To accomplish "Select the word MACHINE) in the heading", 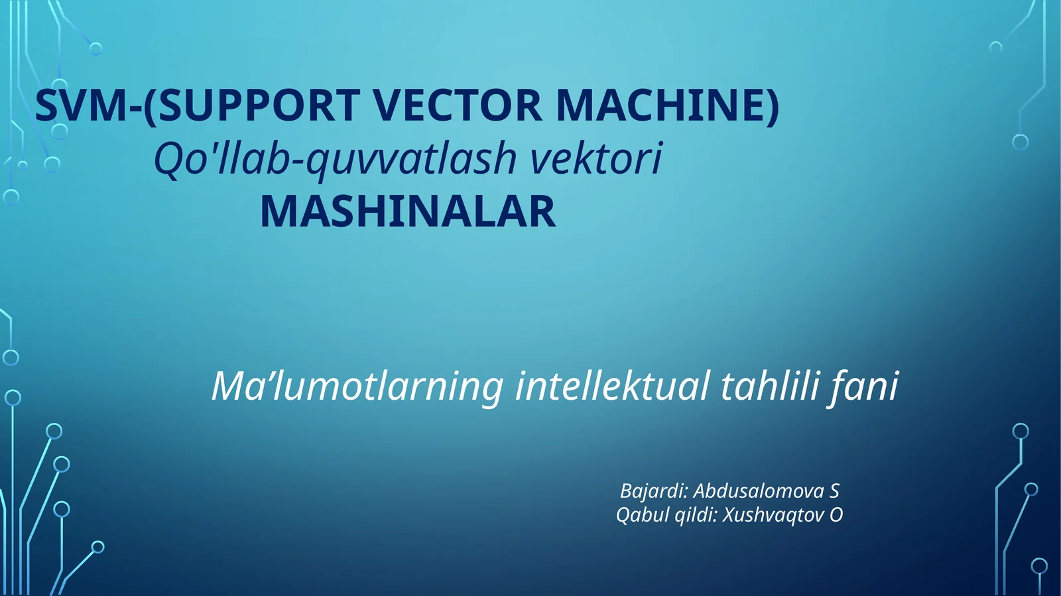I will click(x=667, y=106).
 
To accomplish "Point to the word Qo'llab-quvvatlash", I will click(x=335, y=159).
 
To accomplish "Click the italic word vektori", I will click(x=596, y=159).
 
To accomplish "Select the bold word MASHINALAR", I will click(x=408, y=212).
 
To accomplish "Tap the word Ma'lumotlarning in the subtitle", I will click(x=357, y=387).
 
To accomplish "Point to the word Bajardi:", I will click(x=653, y=491).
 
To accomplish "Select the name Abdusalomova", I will click(x=759, y=491).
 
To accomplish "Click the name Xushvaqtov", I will click(x=773, y=515).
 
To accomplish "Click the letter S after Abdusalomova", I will click(x=834, y=491).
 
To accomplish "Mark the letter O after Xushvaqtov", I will click(x=836, y=515).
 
